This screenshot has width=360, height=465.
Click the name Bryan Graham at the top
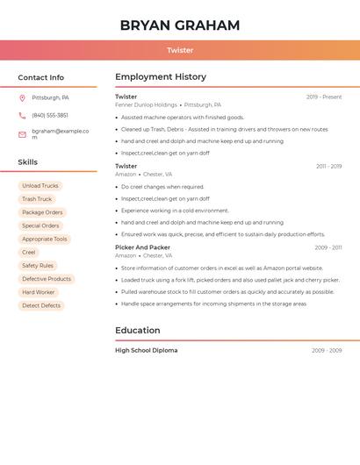(180, 25)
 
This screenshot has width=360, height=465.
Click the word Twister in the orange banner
(180, 50)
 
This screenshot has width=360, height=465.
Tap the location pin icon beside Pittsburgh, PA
(22, 98)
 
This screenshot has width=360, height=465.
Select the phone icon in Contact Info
(22, 116)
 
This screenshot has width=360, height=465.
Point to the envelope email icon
(22, 134)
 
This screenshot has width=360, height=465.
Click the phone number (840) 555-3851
(50, 116)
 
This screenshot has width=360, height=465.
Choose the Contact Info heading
(41, 78)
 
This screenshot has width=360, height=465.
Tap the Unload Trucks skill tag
(40, 186)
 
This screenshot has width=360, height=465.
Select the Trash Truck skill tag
(37, 199)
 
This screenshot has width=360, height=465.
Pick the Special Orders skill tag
(40, 225)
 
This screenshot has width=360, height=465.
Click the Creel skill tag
(29, 253)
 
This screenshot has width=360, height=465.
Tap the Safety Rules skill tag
(38, 266)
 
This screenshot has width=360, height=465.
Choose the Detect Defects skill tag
(41, 305)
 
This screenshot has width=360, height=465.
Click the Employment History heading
(161, 77)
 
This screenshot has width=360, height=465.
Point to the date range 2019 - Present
(324, 97)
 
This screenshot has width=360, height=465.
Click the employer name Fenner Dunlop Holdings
(146, 105)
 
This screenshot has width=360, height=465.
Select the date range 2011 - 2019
(328, 167)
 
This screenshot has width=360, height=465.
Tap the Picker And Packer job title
(142, 247)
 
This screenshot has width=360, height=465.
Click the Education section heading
(138, 331)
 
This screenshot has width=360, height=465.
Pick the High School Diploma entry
(146, 351)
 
